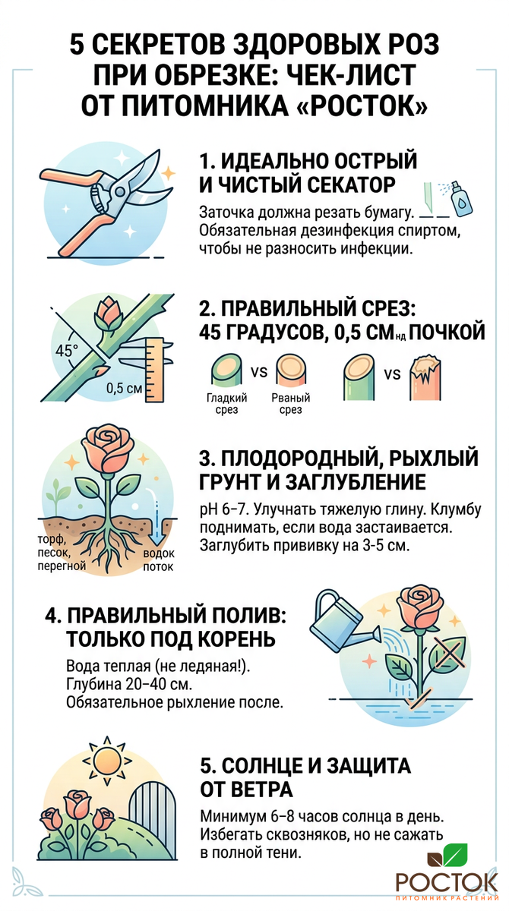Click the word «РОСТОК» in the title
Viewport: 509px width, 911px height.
365,106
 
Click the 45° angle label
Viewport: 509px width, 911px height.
66,350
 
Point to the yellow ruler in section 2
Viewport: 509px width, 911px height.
153,370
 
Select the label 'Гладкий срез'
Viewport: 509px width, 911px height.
227,403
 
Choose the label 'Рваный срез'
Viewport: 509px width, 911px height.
290,403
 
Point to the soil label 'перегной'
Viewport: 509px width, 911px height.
62,566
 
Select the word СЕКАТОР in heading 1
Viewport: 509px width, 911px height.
351,185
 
